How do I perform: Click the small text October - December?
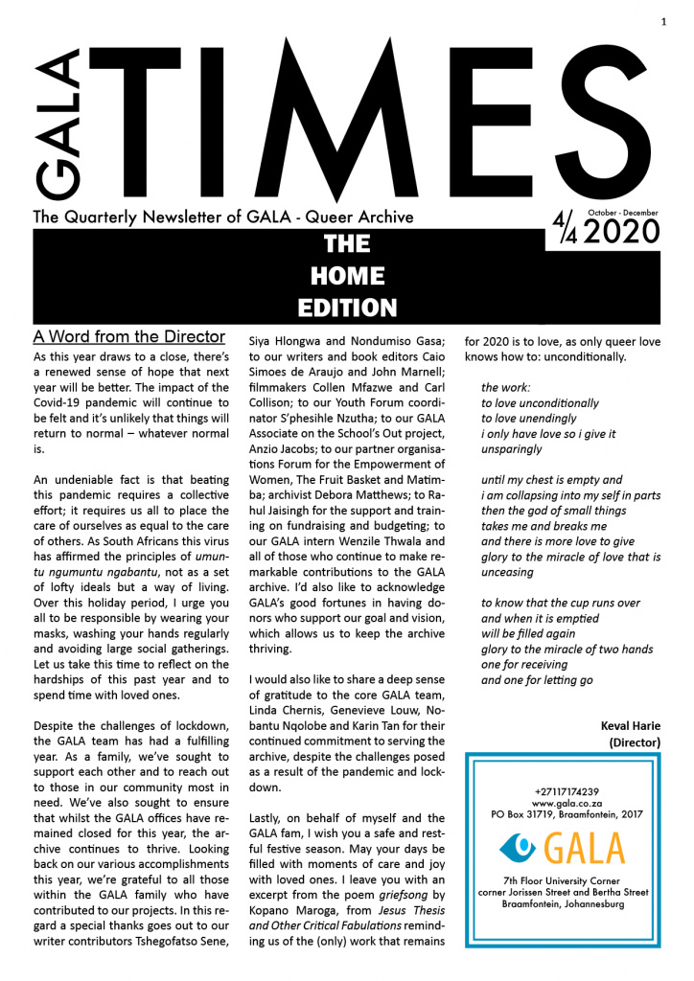(624, 211)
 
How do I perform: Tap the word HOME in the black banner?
(346, 277)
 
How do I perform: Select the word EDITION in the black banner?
(346, 308)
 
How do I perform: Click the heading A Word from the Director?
(128, 337)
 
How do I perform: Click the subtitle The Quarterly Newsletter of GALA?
(223, 217)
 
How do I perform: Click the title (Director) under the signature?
(636, 741)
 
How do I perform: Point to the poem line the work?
(505, 387)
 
